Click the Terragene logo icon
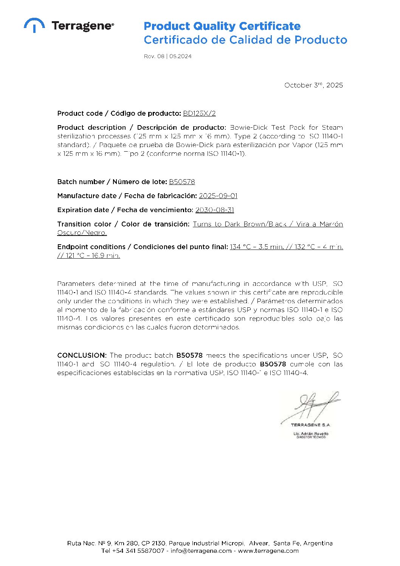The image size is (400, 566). (34, 25)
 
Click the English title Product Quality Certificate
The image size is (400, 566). (222, 26)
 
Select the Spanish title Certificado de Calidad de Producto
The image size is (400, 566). (245, 40)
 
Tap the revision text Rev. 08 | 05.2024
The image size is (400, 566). (167, 56)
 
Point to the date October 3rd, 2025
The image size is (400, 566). (313, 85)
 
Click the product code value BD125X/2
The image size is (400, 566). (199, 113)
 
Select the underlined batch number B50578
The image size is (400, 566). (182, 182)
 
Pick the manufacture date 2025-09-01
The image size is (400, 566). (218, 196)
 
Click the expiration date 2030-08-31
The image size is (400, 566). (215, 210)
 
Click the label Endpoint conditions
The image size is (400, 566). (91, 247)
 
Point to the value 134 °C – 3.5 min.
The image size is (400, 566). (257, 247)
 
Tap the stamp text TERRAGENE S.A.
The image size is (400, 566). (310, 425)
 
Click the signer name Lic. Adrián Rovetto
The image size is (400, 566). (311, 434)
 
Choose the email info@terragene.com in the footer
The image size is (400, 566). (201, 551)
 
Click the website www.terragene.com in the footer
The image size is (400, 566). (268, 551)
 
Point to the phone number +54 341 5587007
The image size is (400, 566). (138, 551)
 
